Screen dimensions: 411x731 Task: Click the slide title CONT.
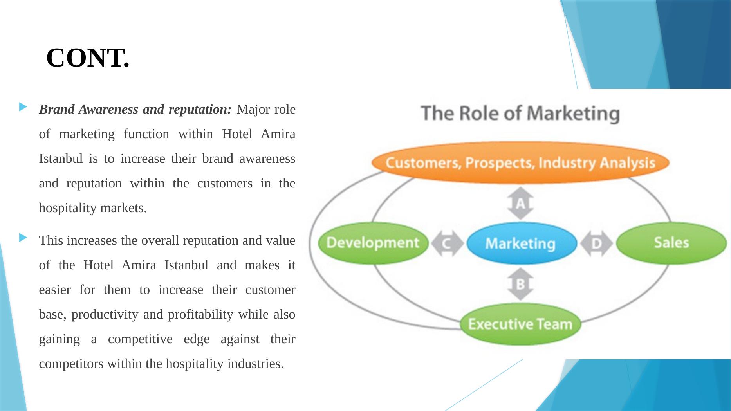[88, 58]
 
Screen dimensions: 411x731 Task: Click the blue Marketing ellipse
[520, 243]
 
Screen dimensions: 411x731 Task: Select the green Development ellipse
[373, 243]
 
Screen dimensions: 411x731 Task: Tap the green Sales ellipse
[671, 243]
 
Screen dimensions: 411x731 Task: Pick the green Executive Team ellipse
[520, 324]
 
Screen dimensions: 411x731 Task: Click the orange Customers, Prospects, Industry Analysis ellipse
[520, 162]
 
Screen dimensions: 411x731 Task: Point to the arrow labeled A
[520, 203]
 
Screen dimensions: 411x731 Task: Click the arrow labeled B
[520, 284]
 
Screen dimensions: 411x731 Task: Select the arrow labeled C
[447, 243]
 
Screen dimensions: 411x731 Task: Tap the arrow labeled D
[596, 243]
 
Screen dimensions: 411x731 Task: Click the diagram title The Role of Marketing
[520, 113]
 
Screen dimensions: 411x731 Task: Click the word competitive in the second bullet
[140, 339]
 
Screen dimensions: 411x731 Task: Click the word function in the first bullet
[146, 134]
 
